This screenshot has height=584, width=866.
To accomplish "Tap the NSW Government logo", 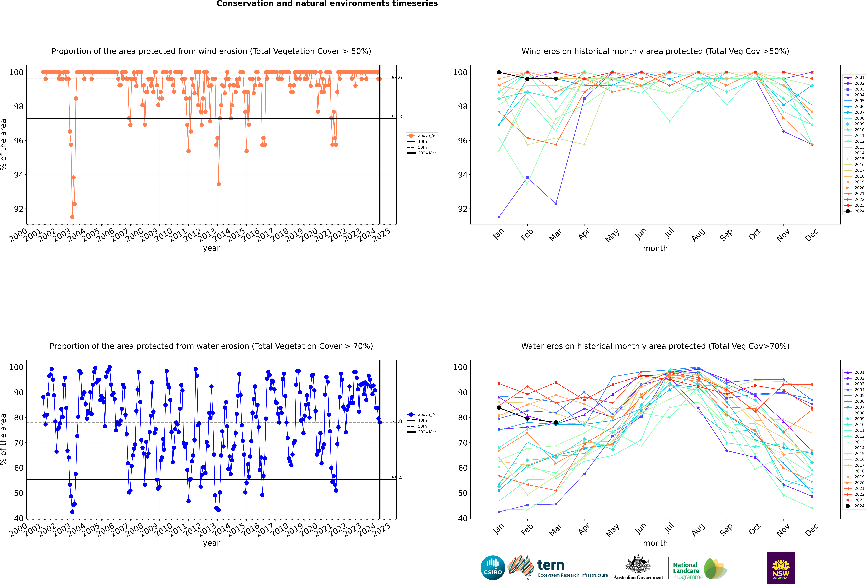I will click(x=781, y=567).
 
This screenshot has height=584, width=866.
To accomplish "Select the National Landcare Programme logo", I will click(x=699, y=569).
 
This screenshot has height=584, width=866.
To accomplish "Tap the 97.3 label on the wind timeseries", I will click(x=397, y=117).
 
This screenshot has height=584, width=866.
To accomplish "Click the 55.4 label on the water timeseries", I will click(x=397, y=478).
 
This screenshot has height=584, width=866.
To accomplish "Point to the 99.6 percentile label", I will click(x=397, y=77).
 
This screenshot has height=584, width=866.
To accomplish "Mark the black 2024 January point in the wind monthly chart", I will click(x=499, y=72).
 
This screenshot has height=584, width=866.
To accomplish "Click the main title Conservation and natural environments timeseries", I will click(x=327, y=4).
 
